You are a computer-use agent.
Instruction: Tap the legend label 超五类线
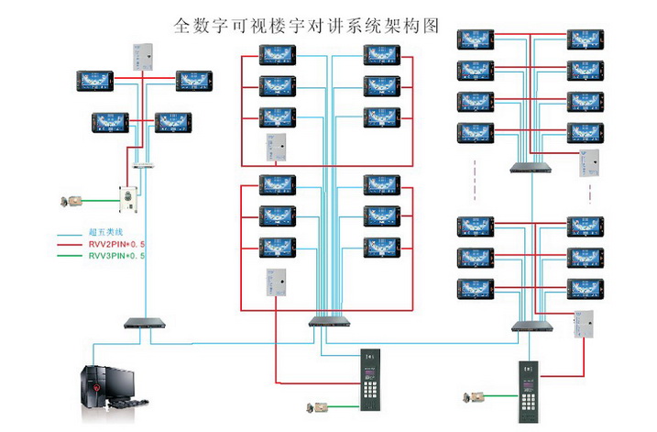coord(104,233)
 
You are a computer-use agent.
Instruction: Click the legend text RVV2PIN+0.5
coord(116,245)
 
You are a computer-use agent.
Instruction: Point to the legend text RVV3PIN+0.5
coord(116,258)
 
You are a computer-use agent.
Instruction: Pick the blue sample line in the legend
coord(70,234)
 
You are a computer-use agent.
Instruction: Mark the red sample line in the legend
coord(70,246)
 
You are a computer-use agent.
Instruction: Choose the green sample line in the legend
coord(70,258)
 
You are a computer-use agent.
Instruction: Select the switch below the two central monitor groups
coord(328,322)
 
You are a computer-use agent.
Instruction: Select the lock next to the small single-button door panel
coord(70,200)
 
